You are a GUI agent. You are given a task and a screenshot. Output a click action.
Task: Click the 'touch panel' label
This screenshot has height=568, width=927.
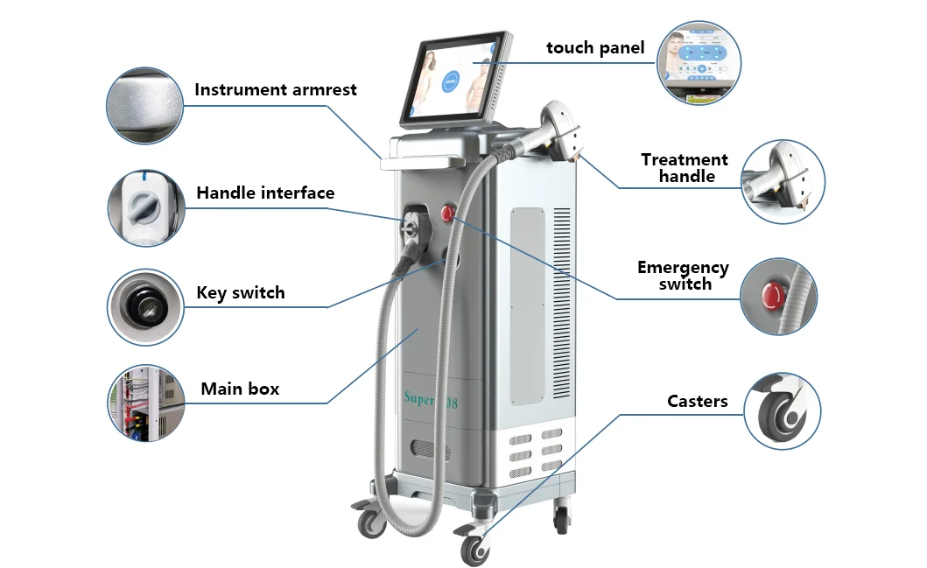(x=594, y=48)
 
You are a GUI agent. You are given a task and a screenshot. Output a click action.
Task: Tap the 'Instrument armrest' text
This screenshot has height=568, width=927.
(x=275, y=90)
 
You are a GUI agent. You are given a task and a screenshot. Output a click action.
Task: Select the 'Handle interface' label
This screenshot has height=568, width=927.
(x=264, y=193)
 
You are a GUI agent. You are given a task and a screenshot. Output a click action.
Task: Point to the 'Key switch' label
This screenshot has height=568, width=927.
(x=241, y=293)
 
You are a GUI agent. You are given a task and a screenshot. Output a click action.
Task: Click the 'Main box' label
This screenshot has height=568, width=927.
(x=240, y=389)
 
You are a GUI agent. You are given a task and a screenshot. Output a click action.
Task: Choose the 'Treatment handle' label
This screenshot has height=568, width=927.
(x=685, y=168)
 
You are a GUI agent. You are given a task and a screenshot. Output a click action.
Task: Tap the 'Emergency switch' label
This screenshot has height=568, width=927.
(x=683, y=276)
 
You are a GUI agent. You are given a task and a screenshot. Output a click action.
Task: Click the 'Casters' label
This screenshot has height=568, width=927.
(x=697, y=402)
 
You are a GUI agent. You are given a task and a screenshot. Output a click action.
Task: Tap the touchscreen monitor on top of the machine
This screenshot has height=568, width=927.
(x=453, y=74)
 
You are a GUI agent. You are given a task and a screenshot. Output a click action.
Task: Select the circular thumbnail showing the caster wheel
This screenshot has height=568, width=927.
(x=783, y=410)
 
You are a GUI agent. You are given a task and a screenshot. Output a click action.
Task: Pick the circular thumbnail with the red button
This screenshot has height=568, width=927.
(x=778, y=296)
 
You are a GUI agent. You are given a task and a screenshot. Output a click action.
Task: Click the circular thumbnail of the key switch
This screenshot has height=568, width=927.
(x=144, y=306)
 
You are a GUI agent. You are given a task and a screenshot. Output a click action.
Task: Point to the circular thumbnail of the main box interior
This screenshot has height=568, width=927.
(x=144, y=403)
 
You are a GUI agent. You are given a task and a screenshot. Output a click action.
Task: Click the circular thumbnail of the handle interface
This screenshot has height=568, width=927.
(x=144, y=208)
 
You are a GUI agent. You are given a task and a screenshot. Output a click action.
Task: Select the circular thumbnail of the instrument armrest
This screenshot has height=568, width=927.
(x=144, y=106)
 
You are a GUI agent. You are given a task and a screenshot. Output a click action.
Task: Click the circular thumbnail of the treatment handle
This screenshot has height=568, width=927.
(x=783, y=180)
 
